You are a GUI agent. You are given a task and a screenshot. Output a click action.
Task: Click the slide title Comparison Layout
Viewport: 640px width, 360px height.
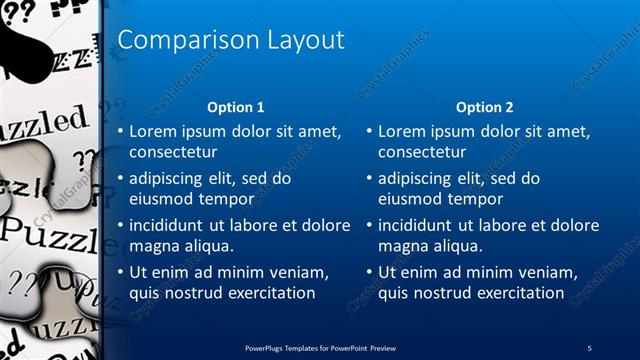pyautogui.click(x=231, y=40)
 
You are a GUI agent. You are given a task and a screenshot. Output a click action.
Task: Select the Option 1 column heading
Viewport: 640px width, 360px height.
pyautogui.click(x=235, y=107)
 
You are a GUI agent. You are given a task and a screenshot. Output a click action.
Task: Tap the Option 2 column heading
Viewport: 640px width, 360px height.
pyautogui.click(x=484, y=107)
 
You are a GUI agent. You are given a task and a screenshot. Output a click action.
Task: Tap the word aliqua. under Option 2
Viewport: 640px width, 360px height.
pyautogui.click(x=458, y=246)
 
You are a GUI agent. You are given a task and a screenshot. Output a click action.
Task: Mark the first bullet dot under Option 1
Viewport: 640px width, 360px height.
pyautogui.click(x=120, y=131)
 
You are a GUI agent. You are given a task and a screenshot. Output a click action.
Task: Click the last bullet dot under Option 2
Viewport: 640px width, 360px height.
pyautogui.click(x=369, y=272)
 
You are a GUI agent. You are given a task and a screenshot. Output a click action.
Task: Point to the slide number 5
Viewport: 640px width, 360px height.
pyautogui.click(x=589, y=347)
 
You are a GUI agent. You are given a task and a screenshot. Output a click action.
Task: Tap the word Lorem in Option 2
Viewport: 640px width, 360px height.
pyautogui.click(x=403, y=131)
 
